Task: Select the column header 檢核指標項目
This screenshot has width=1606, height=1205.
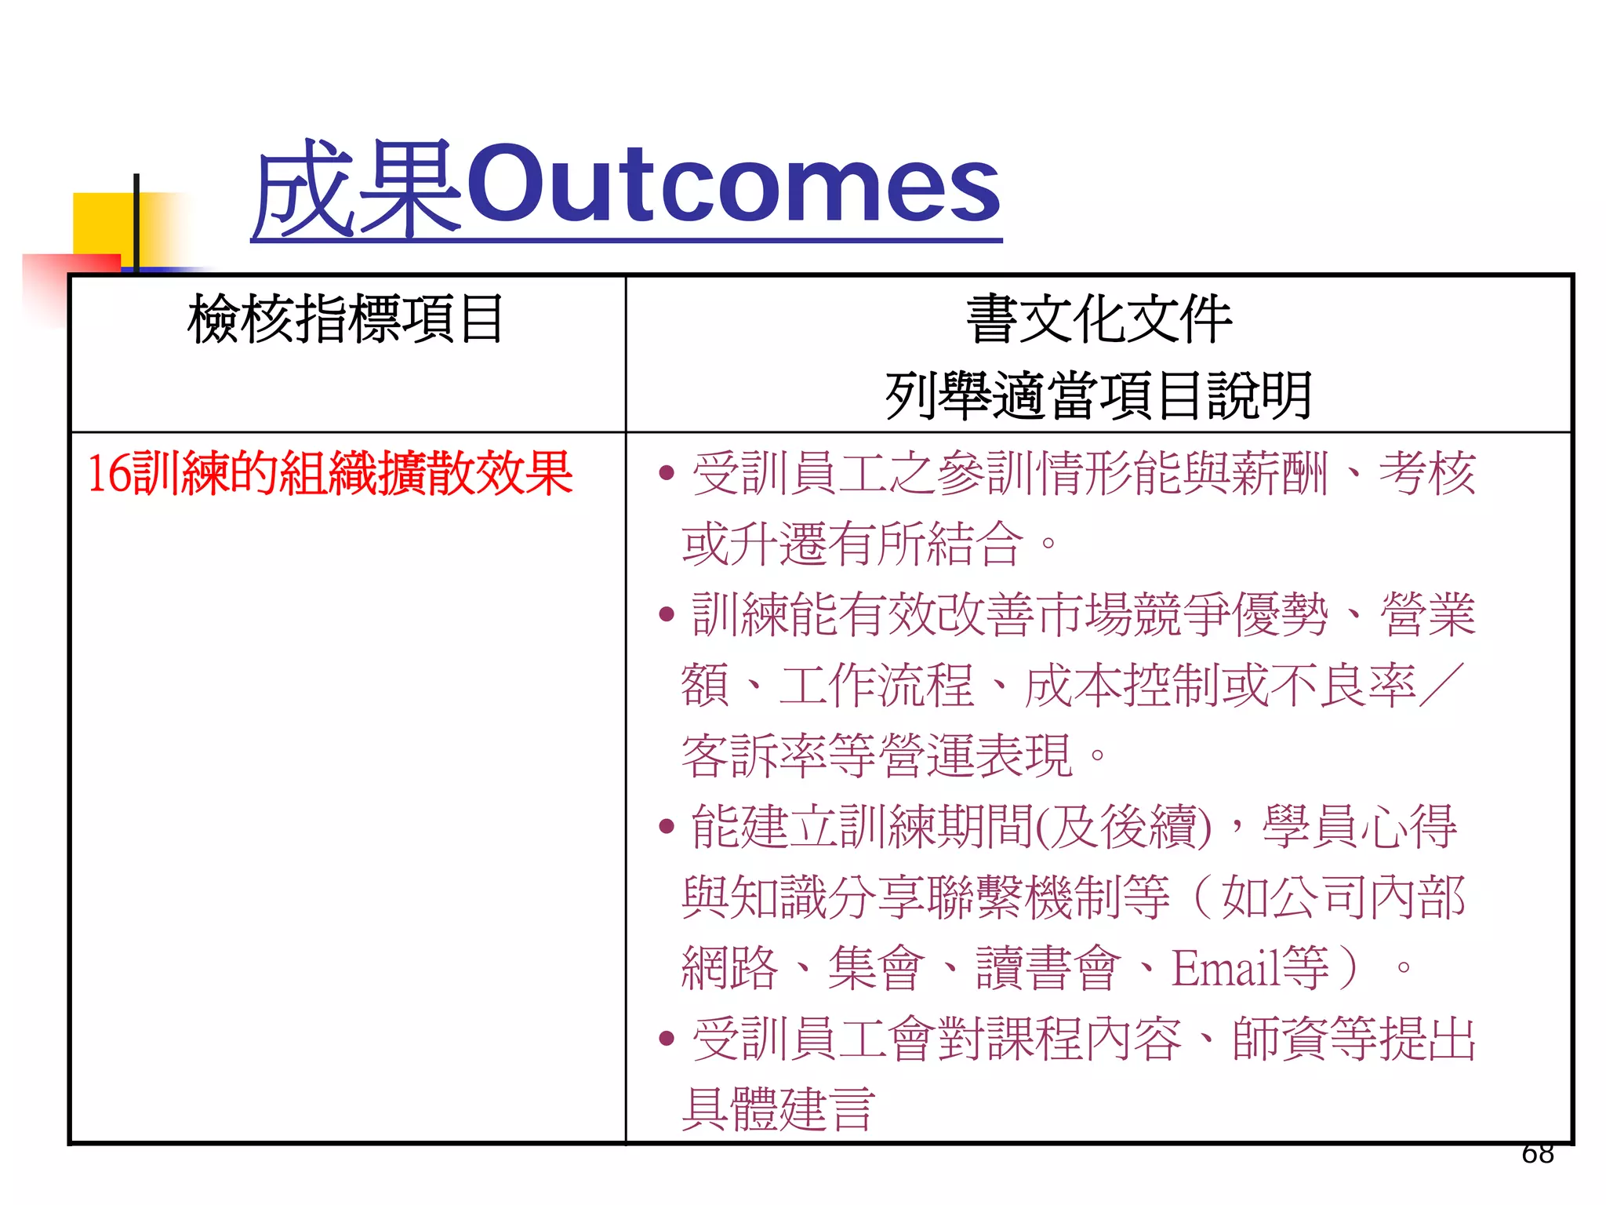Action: coord(346,319)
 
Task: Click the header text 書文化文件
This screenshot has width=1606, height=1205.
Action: coord(1099,319)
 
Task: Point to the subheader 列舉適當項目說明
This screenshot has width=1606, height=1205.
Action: coord(1099,395)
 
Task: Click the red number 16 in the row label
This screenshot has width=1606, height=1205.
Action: coord(109,474)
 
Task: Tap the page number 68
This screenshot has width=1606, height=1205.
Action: coord(1537,1153)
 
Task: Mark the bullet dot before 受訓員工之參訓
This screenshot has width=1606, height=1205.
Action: coord(667,473)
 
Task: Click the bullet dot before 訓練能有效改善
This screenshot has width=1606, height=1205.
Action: coord(667,614)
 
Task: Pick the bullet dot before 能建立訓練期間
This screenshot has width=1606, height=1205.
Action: coord(667,826)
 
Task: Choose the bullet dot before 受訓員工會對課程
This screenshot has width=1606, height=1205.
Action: coord(667,1039)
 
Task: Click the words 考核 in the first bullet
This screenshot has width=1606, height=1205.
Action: coord(1427,474)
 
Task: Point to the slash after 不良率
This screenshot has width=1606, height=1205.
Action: coord(1441,685)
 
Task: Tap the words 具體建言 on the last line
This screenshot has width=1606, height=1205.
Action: coord(778,1109)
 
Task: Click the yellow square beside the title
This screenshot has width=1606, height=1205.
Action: coord(102,223)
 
